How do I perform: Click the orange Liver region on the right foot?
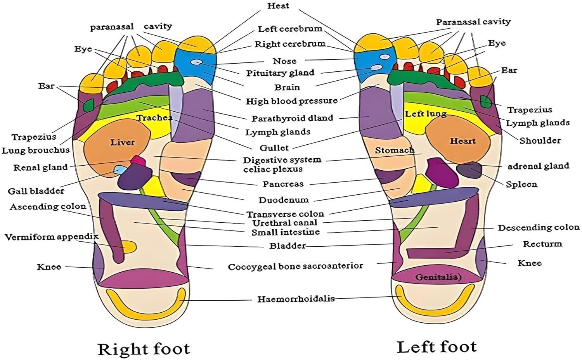coord(116,149)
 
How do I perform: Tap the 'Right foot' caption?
coord(143,349)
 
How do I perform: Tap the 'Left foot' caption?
coord(436,346)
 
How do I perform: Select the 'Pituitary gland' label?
coord(280,73)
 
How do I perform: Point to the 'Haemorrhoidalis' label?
coord(296,299)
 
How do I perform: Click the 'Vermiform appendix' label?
coord(52,237)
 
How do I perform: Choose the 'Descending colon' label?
coord(539,228)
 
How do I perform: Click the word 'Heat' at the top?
coord(278,6)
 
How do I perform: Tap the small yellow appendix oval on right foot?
coord(129,246)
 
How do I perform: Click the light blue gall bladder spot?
coord(120,169)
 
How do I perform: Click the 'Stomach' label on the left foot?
coord(395,150)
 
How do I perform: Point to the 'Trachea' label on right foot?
coord(154,118)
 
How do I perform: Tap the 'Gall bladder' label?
coord(36,191)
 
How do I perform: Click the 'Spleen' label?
coord(521,184)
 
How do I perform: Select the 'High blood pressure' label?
coord(291,101)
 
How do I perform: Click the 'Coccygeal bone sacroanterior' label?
coord(295,267)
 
